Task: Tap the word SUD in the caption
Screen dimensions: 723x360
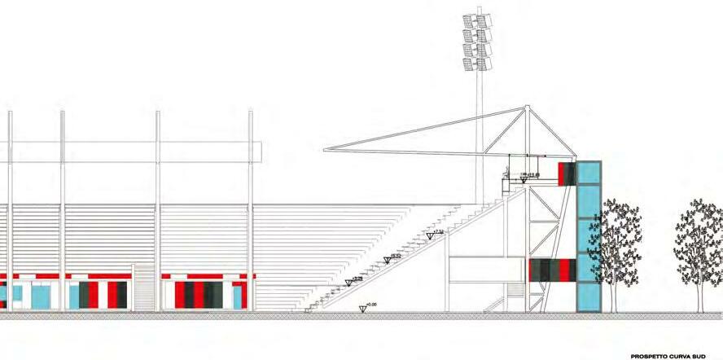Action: (x=710, y=356)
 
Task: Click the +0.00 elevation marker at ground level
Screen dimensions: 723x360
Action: (x=364, y=307)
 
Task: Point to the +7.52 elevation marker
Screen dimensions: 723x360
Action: (x=432, y=236)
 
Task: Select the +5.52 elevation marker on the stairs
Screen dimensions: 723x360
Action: (x=388, y=260)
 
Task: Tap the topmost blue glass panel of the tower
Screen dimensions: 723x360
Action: (x=589, y=173)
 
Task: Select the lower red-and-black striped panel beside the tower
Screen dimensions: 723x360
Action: (x=553, y=270)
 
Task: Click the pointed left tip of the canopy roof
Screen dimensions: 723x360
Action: (x=325, y=150)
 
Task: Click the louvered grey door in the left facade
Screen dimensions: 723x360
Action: (x=143, y=288)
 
